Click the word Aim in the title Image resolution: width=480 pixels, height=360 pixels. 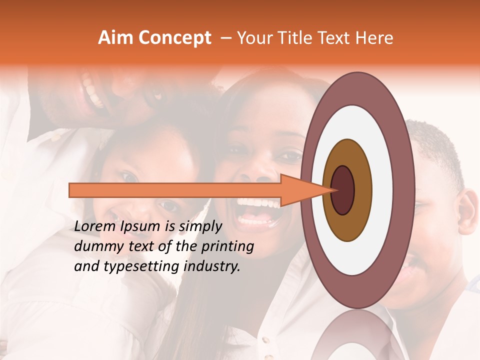(x=116, y=38)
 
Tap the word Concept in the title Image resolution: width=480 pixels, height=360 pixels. (x=174, y=38)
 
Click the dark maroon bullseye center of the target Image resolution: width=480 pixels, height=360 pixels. (x=342, y=190)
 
